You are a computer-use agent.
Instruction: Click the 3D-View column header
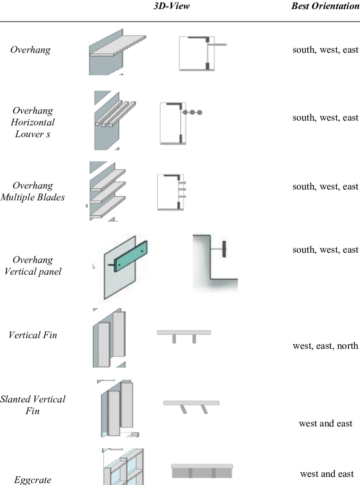pos(172,6)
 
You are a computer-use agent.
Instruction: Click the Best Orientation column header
pos(325,6)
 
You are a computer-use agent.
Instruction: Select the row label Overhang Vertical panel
pos(33,265)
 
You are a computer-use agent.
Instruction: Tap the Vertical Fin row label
pos(33,335)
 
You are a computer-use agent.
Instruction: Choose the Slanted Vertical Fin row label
pos(33,405)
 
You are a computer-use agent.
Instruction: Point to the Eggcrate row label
pos(33,480)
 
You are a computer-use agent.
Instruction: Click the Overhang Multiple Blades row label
pos(33,191)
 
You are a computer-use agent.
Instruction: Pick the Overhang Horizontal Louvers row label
pos(33,122)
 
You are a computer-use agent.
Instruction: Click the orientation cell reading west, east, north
pos(325,346)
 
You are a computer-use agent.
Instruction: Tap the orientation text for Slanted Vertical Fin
pos(325,423)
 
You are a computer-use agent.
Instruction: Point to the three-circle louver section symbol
pos(192,113)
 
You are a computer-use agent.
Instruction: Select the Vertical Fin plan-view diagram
pos(184,335)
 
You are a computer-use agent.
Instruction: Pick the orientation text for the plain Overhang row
pos(325,50)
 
